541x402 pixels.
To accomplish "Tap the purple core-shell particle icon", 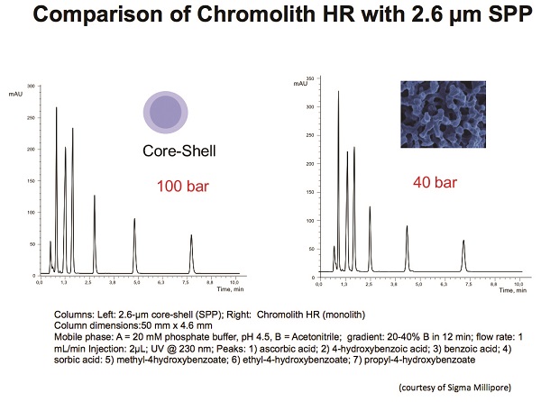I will tap(166, 116).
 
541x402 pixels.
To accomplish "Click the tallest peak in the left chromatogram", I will tap(56, 108).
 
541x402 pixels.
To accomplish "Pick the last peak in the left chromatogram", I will tap(191, 236).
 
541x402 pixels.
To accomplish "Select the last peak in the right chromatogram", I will tap(463, 241).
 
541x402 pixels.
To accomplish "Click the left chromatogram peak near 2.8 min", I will tap(95, 196).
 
